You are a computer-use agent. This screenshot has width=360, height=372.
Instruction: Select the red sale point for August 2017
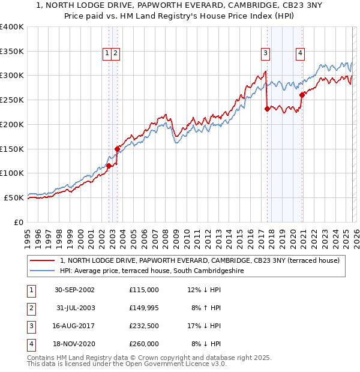pos(267,109)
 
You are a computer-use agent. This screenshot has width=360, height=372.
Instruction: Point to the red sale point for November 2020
pos(302,95)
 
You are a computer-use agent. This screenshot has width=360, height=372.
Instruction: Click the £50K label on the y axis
pos(14,197)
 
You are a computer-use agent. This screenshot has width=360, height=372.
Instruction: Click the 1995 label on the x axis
pos(27,237)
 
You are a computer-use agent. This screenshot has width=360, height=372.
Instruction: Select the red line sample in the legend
pos(42,260)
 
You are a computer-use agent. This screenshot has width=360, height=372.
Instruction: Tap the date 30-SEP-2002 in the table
pos(74,290)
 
